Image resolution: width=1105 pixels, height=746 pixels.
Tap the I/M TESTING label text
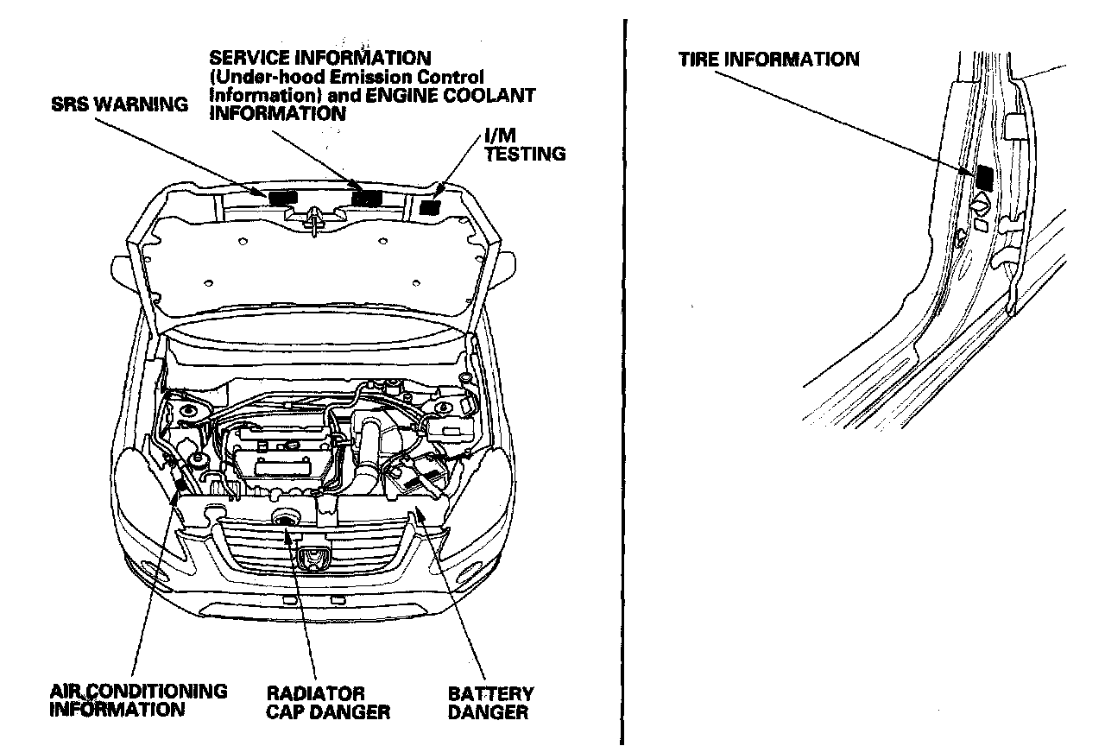[x=525, y=145]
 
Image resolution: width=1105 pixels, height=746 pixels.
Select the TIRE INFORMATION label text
[x=768, y=60]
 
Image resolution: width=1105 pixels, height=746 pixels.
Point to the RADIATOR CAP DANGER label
[x=327, y=703]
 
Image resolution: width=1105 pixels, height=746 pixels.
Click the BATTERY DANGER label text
[x=490, y=703]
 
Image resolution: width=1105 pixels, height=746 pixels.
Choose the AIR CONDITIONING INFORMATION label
[x=138, y=700]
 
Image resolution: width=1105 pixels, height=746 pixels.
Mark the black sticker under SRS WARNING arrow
[x=281, y=198]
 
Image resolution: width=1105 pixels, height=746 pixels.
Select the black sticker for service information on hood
[x=367, y=198]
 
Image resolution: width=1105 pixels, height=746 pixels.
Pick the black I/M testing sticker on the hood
[x=430, y=206]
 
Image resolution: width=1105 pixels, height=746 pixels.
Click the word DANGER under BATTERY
[x=488, y=712]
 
